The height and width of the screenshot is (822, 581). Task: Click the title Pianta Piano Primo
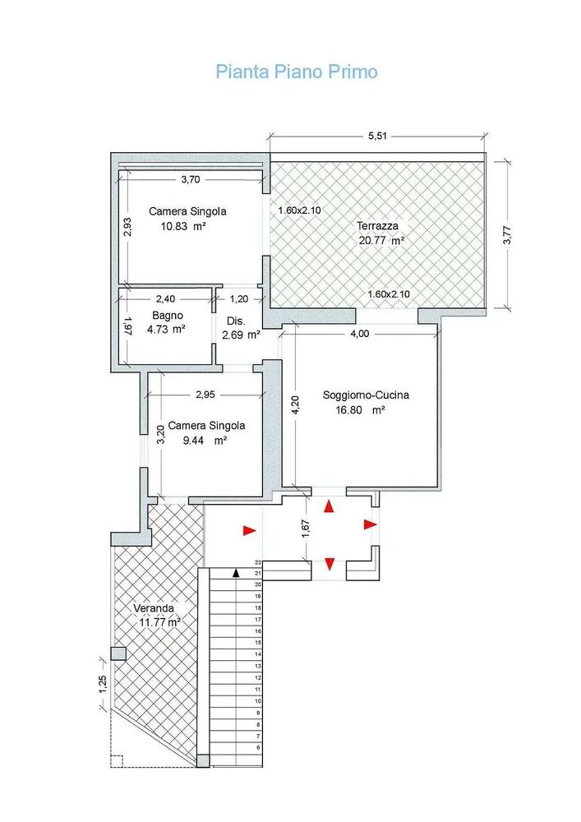pyautogui.click(x=297, y=72)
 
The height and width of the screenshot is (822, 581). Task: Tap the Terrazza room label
pyautogui.click(x=377, y=226)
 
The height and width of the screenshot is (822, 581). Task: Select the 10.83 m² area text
pyautogui.click(x=182, y=227)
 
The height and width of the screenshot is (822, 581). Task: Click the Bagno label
pyautogui.click(x=168, y=316)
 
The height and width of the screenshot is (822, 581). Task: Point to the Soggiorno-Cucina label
pyautogui.click(x=366, y=395)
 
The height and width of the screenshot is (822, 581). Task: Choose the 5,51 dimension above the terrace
pyautogui.click(x=377, y=136)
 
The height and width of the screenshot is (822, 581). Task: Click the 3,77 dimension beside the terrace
pyautogui.click(x=506, y=234)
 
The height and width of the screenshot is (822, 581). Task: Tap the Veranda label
pyautogui.click(x=154, y=608)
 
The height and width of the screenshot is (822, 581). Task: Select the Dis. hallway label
pyautogui.click(x=236, y=321)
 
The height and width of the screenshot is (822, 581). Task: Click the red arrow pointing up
pyautogui.click(x=329, y=506)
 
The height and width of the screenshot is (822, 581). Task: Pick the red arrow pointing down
pyautogui.click(x=330, y=564)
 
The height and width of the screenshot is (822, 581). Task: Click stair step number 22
pyautogui.click(x=258, y=562)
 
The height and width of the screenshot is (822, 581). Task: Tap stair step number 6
pyautogui.click(x=258, y=747)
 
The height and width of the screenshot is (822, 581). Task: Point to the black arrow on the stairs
pyautogui.click(x=237, y=573)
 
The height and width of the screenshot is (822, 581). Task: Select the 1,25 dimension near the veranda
pyautogui.click(x=103, y=684)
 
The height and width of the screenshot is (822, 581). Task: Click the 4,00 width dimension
pyautogui.click(x=359, y=334)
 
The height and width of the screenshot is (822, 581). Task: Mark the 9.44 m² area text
pyautogui.click(x=205, y=441)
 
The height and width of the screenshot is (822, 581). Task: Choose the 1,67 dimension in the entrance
pyautogui.click(x=307, y=528)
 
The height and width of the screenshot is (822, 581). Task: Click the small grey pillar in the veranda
pyautogui.click(x=118, y=653)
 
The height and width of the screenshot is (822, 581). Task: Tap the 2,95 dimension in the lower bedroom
pyautogui.click(x=205, y=395)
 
